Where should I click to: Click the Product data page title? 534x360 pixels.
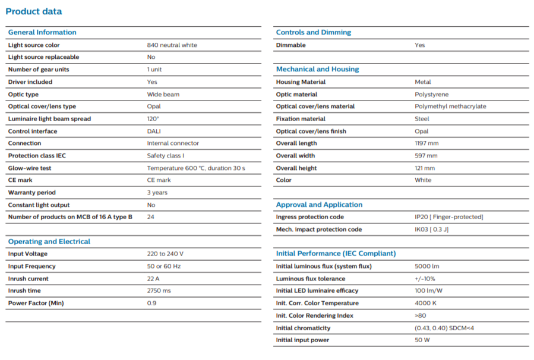click(34, 11)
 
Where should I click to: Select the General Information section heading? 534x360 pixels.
click(42, 32)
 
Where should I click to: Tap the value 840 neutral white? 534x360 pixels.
click(172, 45)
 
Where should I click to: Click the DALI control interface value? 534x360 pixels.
click(154, 131)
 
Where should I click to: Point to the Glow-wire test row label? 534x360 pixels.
click(30, 168)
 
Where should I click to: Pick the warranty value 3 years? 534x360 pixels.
click(157, 192)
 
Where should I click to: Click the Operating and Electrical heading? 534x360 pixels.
click(49, 242)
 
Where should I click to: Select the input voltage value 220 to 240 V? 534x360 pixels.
click(165, 254)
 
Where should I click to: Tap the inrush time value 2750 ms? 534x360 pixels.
click(159, 290)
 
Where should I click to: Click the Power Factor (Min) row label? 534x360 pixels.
click(36, 303)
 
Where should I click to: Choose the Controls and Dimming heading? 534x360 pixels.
click(313, 32)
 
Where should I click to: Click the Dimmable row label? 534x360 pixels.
click(291, 45)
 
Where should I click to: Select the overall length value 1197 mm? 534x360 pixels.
click(426, 143)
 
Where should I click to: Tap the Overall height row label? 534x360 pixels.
click(296, 168)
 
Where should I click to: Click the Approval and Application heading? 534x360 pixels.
click(319, 205)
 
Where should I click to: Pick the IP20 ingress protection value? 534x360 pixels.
click(448, 217)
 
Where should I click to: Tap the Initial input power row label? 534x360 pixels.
click(302, 340)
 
